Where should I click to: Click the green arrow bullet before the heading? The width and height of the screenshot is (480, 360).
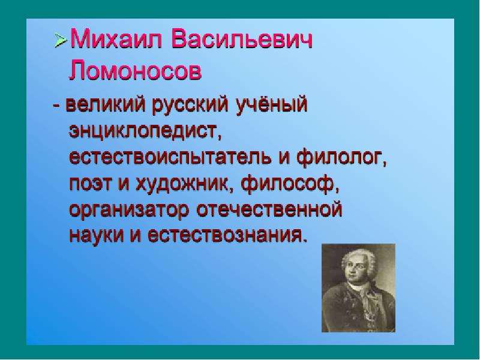61,40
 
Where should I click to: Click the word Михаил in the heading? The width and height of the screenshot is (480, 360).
116,40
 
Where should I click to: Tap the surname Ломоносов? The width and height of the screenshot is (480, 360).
135,71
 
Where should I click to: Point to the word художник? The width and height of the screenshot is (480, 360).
182,184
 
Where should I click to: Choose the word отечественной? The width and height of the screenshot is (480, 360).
269,210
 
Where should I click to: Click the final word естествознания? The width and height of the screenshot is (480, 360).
227,235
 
